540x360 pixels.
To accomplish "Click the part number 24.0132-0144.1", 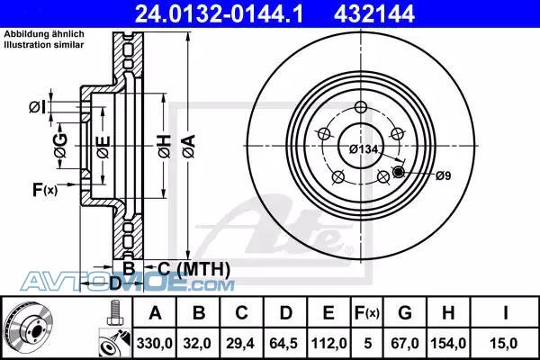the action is pyautogui.click(x=219, y=14).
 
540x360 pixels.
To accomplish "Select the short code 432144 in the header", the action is pyautogui.click(x=374, y=14).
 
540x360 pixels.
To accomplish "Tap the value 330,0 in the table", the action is pyautogui.click(x=154, y=343).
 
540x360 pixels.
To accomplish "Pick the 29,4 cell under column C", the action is pyautogui.click(x=240, y=343).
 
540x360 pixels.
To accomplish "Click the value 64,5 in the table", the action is pyautogui.click(x=283, y=343).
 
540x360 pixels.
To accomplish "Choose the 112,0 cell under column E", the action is pyautogui.click(x=328, y=343).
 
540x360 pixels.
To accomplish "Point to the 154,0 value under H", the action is pyautogui.click(x=448, y=343).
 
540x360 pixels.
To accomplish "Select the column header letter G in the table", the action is pyautogui.click(x=405, y=313).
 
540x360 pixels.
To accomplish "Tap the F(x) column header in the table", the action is pyautogui.click(x=367, y=313).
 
